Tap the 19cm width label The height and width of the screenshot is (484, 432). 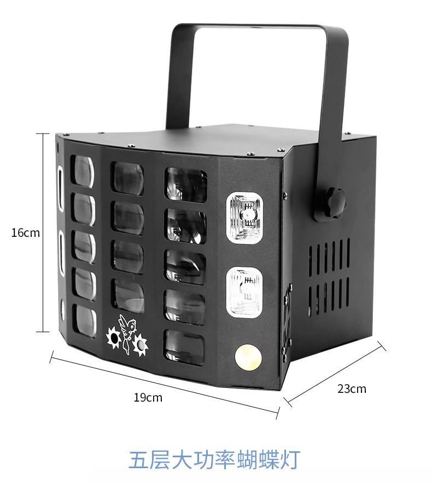(x=148, y=397)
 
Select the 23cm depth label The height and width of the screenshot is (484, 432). (x=352, y=389)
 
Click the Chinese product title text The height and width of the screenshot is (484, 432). (x=214, y=458)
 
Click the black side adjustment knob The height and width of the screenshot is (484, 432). (x=335, y=203)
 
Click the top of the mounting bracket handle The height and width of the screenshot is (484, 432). (x=260, y=27)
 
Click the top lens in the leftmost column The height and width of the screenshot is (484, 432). (x=83, y=171)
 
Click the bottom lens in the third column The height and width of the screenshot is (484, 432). (x=185, y=346)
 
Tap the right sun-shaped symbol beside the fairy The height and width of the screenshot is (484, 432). (x=141, y=344)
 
